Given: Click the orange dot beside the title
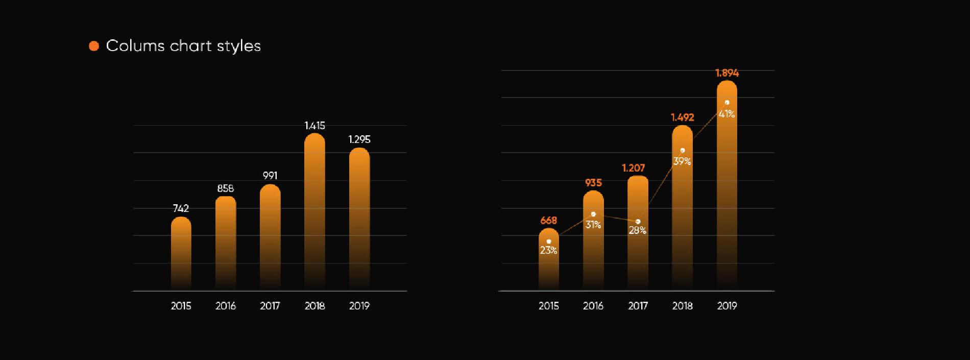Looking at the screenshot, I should point(94,46).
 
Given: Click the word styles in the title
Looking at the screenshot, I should point(238,46).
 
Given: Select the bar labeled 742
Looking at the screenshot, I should point(181,253).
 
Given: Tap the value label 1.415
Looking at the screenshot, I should point(314,126).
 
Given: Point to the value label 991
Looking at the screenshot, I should point(270,176).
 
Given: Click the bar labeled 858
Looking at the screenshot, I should point(226,243).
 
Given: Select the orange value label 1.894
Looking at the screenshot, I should point(727,73).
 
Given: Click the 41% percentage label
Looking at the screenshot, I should point(727,114).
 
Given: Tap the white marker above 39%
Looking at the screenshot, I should point(683,151).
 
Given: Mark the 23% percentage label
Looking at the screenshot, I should point(549,250).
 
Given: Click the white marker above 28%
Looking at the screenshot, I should point(638,222).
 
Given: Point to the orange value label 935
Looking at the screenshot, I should point(593,183).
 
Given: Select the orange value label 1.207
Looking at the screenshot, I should point(633,168).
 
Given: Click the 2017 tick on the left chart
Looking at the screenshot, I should point(270,306).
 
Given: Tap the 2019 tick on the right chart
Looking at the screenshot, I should point(727,306).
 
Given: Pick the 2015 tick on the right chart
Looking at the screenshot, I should point(549,306).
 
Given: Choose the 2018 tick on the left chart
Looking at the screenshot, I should point(314,306).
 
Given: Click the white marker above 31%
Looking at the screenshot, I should point(593,214).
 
